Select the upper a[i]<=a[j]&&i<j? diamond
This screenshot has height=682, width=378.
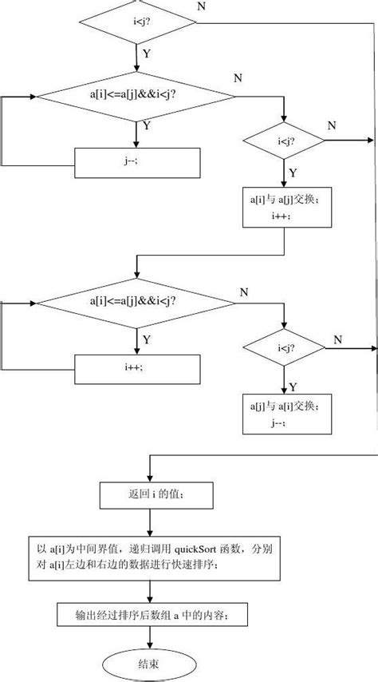137,97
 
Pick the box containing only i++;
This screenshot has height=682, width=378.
137,369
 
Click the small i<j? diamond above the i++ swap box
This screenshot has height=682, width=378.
282,142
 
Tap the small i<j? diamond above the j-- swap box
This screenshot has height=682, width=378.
282,348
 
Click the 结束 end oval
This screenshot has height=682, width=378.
150,662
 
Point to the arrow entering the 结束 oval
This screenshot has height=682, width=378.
150,638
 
